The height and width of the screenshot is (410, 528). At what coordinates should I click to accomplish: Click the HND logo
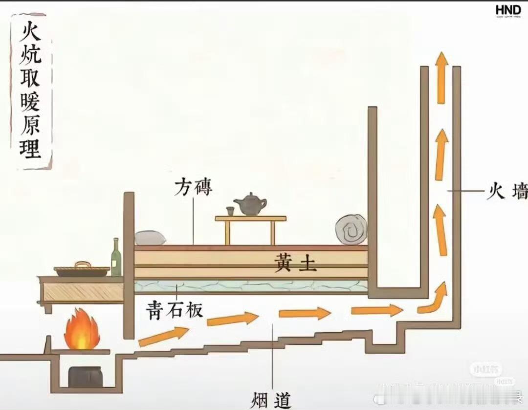click(508, 11)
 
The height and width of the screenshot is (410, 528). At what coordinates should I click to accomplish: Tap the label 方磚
click(194, 187)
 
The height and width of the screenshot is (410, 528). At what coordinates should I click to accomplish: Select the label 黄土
click(295, 264)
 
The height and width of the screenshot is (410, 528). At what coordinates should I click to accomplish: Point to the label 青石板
click(175, 310)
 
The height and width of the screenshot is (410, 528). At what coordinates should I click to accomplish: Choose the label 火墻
click(506, 191)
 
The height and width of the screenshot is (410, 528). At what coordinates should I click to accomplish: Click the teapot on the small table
click(250, 205)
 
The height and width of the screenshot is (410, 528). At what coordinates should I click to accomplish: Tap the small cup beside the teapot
click(230, 211)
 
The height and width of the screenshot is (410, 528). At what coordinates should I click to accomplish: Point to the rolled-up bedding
click(351, 229)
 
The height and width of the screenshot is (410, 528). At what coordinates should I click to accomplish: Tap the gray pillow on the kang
click(150, 238)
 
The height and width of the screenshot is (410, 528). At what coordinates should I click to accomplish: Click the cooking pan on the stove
click(82, 270)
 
